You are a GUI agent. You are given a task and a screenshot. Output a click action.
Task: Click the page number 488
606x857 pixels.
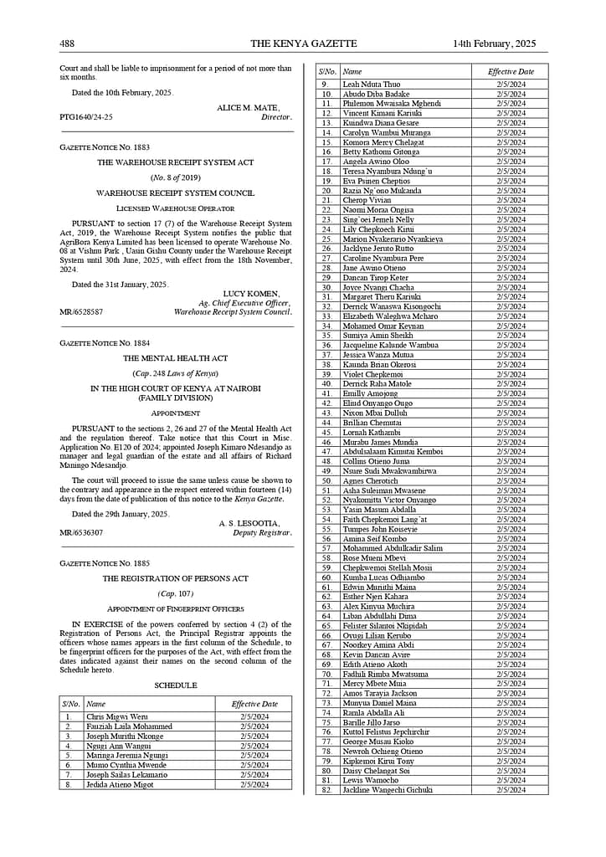(67, 44)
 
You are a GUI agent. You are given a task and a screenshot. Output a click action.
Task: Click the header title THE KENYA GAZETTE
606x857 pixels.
(303, 44)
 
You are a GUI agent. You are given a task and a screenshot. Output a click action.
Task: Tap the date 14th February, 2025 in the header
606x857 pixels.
(494, 44)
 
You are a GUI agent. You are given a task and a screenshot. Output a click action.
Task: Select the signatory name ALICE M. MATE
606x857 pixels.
(248, 108)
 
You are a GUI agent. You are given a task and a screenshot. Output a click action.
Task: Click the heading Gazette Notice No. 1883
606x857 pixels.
(105, 146)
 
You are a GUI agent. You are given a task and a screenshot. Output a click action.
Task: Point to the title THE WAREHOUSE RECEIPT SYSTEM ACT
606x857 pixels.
(176, 162)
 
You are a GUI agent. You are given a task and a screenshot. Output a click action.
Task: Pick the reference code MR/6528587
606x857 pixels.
(81, 312)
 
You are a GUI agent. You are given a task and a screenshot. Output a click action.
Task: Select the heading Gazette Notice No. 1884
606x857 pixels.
(105, 343)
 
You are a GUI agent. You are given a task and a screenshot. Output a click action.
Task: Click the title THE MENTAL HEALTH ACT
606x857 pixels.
(176, 357)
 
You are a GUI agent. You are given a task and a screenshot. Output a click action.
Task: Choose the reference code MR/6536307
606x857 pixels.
(81, 532)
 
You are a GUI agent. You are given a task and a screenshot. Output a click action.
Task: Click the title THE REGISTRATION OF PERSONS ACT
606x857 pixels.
(176, 578)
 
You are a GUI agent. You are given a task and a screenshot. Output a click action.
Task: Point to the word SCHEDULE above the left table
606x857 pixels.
(176, 685)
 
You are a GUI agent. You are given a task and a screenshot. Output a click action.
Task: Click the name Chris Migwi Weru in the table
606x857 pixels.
(116, 716)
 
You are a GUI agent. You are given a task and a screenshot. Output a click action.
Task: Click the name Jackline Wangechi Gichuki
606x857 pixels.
(388, 790)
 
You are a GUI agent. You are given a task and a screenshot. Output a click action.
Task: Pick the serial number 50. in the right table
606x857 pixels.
(326, 480)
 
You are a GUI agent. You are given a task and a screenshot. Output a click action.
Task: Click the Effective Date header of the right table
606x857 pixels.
(511, 72)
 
